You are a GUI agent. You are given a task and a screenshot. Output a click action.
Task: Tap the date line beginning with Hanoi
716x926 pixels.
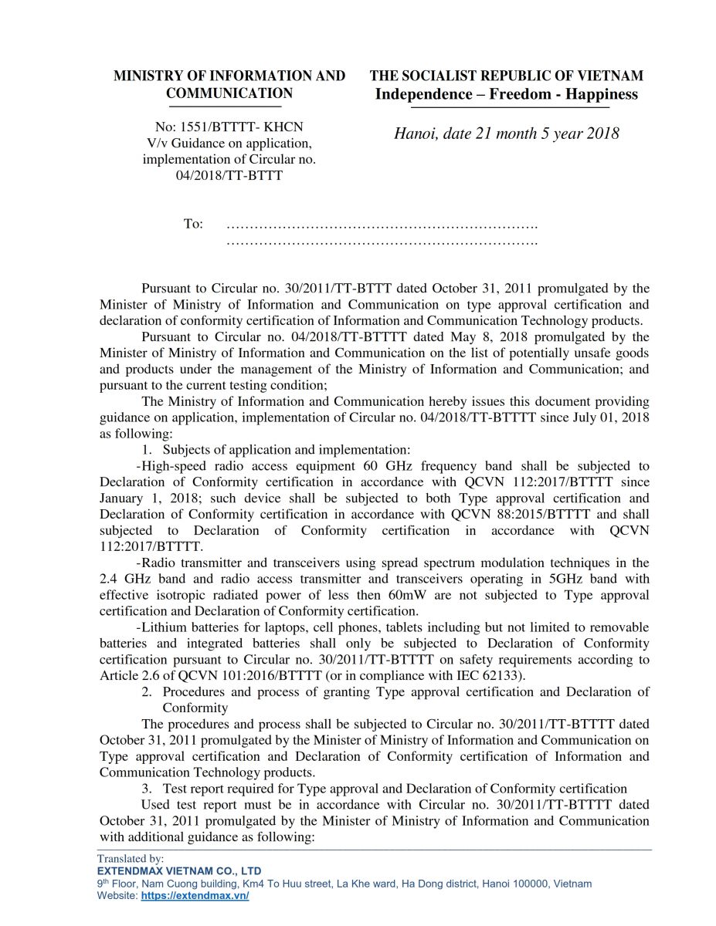point(506,133)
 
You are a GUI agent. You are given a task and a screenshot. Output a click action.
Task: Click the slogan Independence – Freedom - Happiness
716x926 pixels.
point(506,94)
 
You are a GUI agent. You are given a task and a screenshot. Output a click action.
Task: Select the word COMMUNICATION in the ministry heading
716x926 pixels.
point(229,93)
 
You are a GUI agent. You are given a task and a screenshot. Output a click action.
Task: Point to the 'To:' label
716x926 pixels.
point(193,224)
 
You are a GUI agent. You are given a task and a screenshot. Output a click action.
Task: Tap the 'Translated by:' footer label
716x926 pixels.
point(130,858)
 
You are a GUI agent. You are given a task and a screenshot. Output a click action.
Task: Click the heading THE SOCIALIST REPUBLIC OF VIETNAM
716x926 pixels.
point(506,76)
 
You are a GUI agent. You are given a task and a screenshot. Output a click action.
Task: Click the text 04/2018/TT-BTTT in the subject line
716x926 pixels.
point(229,175)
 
